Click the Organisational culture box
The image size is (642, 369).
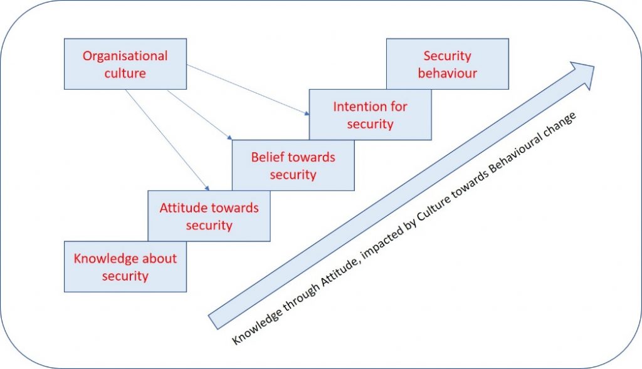(x=125, y=64)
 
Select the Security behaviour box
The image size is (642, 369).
(x=447, y=64)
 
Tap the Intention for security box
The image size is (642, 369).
(x=370, y=115)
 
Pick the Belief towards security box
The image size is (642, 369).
(x=293, y=165)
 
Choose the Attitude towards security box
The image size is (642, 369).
(x=209, y=216)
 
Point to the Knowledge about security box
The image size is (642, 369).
(x=125, y=267)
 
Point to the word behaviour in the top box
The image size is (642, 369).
(x=447, y=73)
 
